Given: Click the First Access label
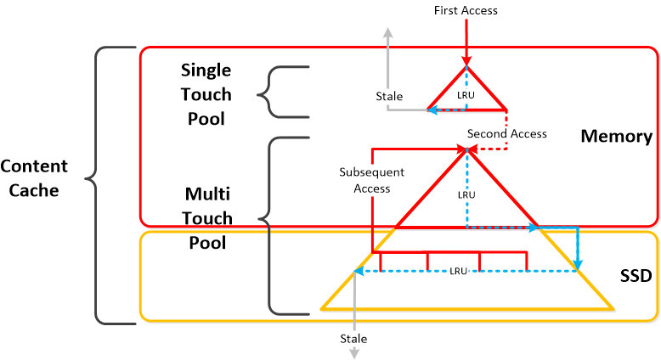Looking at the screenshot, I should tap(466, 11).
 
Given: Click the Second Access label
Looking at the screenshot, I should tap(507, 133).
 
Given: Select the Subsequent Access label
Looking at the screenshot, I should tap(371, 180).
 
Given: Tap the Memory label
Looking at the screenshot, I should tap(616, 136).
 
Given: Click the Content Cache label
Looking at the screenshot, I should tap(35, 177).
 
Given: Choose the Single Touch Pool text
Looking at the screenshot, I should tap(206, 93).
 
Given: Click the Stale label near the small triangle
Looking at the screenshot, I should tap(389, 97).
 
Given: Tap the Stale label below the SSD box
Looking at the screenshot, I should tap(353, 338).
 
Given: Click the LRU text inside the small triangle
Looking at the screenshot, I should tap(466, 95).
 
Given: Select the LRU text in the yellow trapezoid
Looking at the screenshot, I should tap(459, 271).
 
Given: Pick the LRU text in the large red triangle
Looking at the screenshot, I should tap(466, 194).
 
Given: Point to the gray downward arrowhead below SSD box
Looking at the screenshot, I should tap(354, 352).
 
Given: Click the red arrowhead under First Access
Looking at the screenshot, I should tap(466, 60).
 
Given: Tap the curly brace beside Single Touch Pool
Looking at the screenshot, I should tap(265, 92).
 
